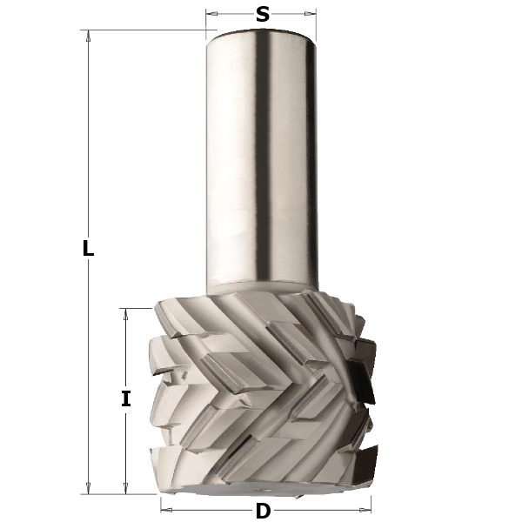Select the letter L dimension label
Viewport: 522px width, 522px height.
[x=87, y=248]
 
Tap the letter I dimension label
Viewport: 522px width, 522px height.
[x=126, y=399]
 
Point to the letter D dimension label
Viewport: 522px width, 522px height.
[x=262, y=510]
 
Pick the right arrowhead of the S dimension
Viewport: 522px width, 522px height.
[x=311, y=14]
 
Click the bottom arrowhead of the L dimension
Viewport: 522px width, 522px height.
[x=88, y=488]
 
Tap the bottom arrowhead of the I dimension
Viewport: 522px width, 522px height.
[x=126, y=488]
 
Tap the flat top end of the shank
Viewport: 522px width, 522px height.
[x=261, y=31]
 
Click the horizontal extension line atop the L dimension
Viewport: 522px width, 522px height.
[x=148, y=30]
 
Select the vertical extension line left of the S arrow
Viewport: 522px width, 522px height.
[x=206, y=22]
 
